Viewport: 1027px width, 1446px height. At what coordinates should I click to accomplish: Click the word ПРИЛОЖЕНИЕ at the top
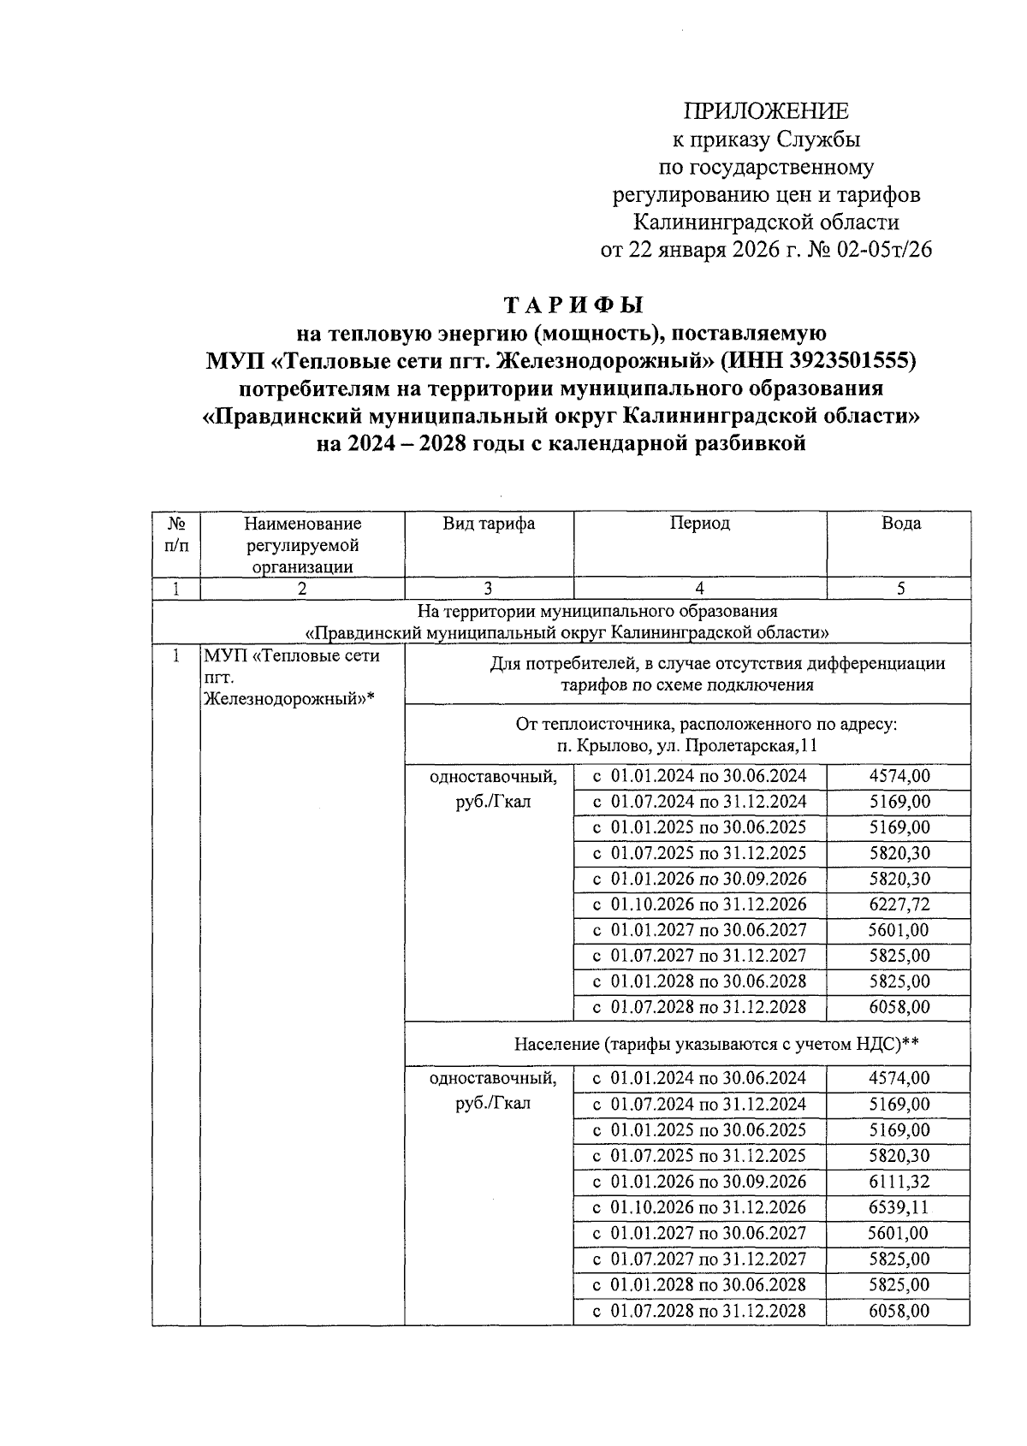click(x=766, y=111)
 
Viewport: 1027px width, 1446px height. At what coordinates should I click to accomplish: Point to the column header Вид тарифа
click(x=489, y=524)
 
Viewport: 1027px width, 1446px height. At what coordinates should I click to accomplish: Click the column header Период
click(x=700, y=524)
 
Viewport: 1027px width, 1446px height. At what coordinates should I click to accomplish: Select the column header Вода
click(x=900, y=524)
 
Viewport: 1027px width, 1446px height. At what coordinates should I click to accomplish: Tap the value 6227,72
click(x=899, y=904)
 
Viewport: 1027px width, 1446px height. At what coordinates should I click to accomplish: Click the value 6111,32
click(x=899, y=1182)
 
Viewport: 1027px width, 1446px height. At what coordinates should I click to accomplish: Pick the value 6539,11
click(x=899, y=1207)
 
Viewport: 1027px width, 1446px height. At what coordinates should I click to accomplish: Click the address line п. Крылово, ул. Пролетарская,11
click(x=686, y=746)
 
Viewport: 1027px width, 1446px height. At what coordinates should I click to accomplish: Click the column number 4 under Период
click(x=700, y=589)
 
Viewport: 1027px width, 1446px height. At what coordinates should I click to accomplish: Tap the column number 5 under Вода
click(x=900, y=589)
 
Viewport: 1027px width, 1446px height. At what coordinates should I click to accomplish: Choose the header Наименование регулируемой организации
click(x=302, y=544)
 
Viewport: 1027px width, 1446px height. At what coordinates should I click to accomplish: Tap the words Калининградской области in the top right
click(x=766, y=222)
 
